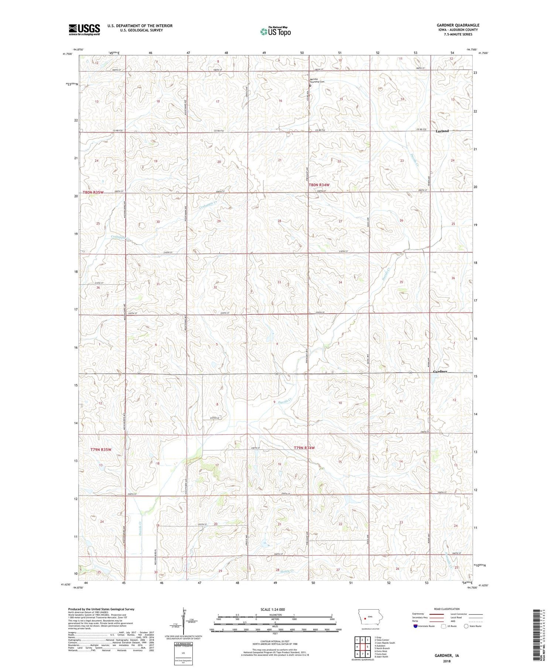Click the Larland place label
click(442, 131)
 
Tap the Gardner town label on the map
click(440, 371)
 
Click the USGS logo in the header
click(84, 30)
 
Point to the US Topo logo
click(275, 31)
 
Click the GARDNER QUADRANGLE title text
click(458, 25)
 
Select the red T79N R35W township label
click(101, 449)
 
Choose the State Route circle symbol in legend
click(466, 626)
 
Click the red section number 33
click(279, 282)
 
